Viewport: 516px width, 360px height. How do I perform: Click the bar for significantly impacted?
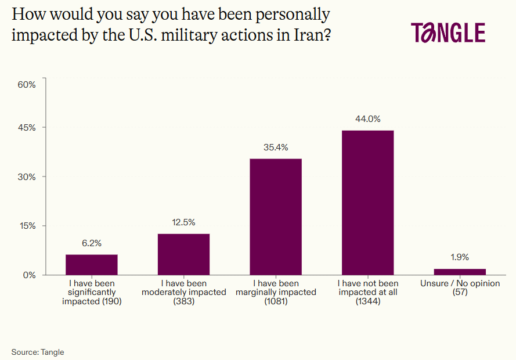pyautogui.click(x=92, y=264)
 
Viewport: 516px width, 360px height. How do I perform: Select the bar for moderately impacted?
pyautogui.click(x=183, y=254)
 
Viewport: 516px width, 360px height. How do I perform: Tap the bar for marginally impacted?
pyautogui.click(x=276, y=217)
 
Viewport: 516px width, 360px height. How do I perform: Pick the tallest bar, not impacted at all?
pyautogui.click(x=367, y=202)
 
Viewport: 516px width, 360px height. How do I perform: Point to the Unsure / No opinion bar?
pyautogui.click(x=460, y=272)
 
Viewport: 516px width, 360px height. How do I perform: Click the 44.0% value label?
pyautogui.click(x=367, y=119)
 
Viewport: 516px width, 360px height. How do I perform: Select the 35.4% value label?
pyautogui.click(x=276, y=147)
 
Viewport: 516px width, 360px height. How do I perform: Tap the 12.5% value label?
pyautogui.click(x=183, y=222)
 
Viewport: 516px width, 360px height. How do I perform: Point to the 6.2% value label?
pyautogui.click(x=92, y=243)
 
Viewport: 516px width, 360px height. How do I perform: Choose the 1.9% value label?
pyautogui.click(x=460, y=257)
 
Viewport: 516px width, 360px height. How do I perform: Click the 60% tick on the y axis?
pyautogui.click(x=27, y=84)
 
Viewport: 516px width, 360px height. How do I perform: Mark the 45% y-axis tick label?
pyautogui.click(x=27, y=128)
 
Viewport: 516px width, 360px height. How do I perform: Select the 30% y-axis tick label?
pyautogui.click(x=27, y=177)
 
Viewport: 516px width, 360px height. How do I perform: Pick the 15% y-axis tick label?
pyautogui.click(x=27, y=226)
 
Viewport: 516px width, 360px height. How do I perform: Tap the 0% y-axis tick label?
pyautogui.click(x=29, y=275)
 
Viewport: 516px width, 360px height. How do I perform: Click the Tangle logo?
pyautogui.click(x=448, y=33)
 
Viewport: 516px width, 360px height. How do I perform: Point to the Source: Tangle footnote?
pyautogui.click(x=38, y=352)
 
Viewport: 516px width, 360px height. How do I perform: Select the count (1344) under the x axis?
pyautogui.click(x=367, y=301)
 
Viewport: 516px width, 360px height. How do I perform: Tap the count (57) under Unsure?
pyautogui.click(x=460, y=292)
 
